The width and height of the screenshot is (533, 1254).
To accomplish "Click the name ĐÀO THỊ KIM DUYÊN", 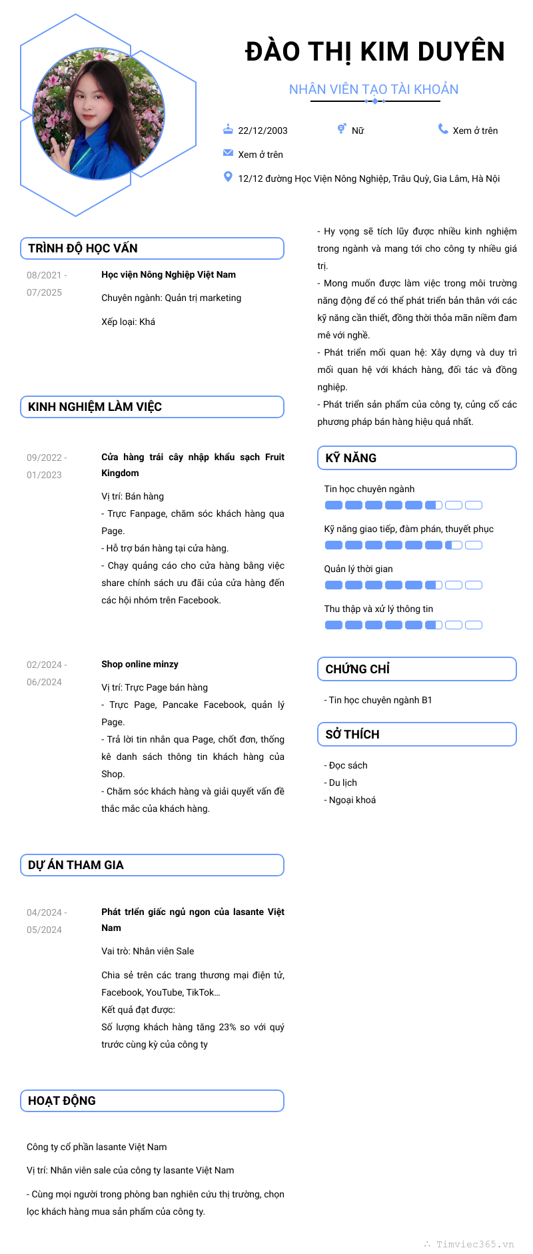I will [x=374, y=52].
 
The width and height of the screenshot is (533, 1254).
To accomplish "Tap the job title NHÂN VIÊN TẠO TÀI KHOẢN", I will [x=374, y=89].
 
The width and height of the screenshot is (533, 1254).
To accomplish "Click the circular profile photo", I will [x=99, y=114].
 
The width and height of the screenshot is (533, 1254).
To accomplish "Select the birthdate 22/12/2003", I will [x=263, y=131].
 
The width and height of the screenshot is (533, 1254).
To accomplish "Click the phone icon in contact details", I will [x=443, y=129].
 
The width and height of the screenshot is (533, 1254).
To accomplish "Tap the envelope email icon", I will [x=228, y=153].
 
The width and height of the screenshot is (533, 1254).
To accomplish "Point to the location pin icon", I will [x=228, y=176].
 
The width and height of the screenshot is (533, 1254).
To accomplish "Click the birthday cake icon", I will [x=228, y=129].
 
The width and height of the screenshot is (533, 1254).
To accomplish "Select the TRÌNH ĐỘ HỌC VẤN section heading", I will [x=83, y=248].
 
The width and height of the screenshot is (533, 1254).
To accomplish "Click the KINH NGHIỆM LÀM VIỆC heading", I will [x=95, y=407].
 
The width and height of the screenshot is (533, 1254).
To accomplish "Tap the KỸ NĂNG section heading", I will [x=351, y=458].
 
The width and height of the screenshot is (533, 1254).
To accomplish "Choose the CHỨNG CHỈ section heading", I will [x=358, y=669].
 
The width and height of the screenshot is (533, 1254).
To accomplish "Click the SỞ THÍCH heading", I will [x=352, y=735].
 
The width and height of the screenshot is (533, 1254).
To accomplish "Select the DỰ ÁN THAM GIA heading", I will [x=76, y=865].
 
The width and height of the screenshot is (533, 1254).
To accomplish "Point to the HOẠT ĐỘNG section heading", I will [x=62, y=1101].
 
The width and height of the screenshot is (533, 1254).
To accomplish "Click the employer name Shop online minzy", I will [x=140, y=664].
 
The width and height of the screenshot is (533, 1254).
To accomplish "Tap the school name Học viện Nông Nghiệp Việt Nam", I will [x=169, y=274].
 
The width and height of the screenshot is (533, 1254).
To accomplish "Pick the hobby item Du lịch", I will [x=342, y=783].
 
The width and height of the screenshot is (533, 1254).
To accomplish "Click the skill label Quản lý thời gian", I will [x=358, y=569].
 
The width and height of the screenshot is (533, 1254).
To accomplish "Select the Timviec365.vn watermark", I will [x=474, y=1244].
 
